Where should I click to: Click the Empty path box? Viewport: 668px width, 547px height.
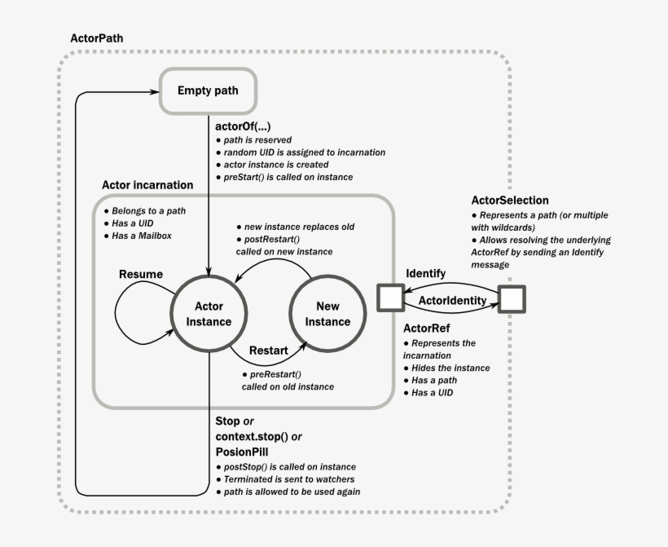(208, 90)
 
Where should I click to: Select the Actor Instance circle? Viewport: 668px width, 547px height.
(209, 313)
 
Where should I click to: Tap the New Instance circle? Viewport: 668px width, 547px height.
(327, 313)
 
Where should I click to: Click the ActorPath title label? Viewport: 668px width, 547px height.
(98, 38)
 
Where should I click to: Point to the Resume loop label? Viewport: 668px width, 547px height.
(141, 274)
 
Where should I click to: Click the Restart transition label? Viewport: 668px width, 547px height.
(268, 350)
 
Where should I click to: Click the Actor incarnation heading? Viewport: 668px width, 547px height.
(147, 185)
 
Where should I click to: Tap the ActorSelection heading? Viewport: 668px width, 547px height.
(510, 200)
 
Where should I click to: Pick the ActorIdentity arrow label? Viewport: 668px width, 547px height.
(451, 301)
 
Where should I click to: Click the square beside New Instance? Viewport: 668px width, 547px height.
(390, 298)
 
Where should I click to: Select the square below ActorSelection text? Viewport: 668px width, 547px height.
(512, 299)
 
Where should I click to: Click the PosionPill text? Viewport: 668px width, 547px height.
(243, 451)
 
